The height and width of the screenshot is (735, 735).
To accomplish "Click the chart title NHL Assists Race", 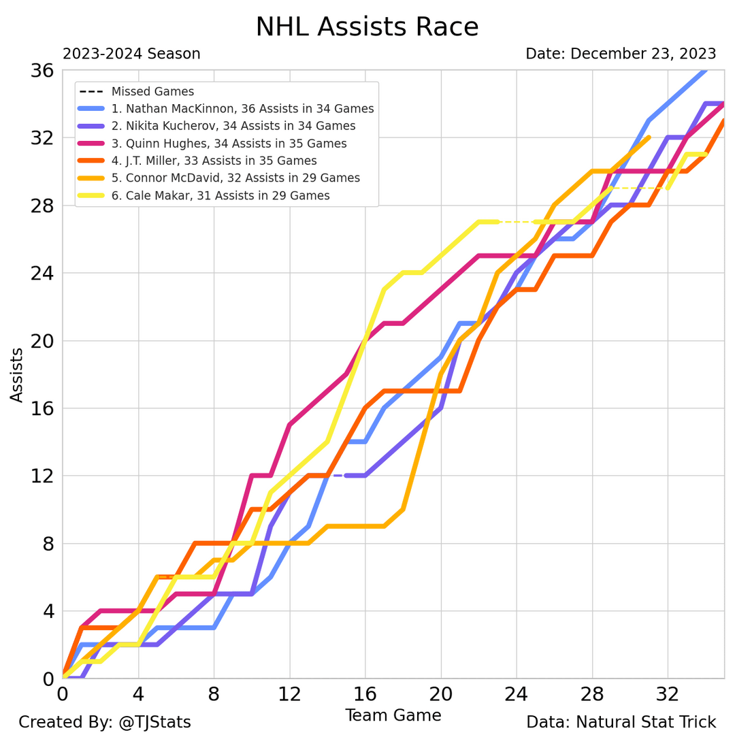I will coord(367,27).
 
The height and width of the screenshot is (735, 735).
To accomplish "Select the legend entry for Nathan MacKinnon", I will coord(242,109).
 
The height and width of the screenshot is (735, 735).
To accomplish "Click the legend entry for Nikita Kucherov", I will coord(233,126).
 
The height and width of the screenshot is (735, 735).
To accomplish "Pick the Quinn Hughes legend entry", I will coord(229,144).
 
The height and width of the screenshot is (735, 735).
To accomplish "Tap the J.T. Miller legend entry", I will coord(214,161).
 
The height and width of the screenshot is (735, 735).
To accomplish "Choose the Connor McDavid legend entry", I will coord(235,178).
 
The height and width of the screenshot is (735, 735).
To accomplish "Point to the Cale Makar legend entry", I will coord(220,196).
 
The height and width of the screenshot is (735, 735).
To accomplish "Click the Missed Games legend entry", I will coord(152,91).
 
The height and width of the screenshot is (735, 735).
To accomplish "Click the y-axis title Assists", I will coord(17,374).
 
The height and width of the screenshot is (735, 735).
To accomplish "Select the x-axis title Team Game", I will coord(393,715).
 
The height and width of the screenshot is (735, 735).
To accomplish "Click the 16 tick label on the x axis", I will coord(365,696).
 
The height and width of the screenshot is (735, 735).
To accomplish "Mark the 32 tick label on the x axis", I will coord(667,696).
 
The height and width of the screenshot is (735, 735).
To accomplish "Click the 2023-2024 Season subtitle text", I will coord(131,54).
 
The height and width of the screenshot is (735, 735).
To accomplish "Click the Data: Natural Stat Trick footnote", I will coord(621,722).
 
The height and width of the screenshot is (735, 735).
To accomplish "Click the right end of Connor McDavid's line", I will coord(649,137).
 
